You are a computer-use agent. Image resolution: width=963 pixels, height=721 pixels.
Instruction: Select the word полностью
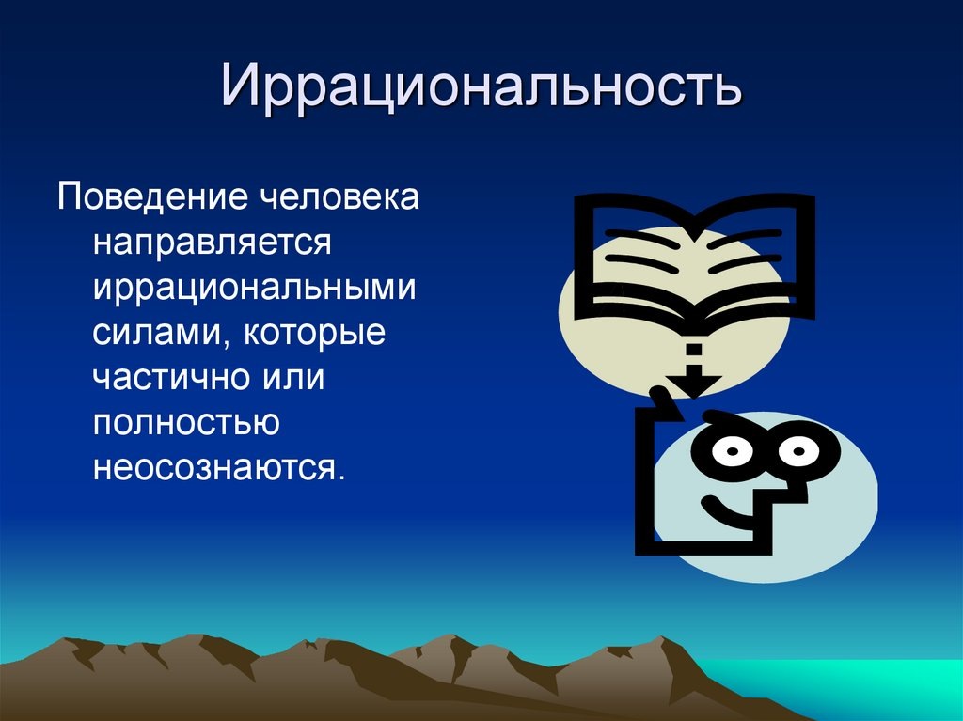click(186, 422)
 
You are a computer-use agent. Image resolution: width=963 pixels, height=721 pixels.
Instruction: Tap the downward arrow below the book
click(694, 376)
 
